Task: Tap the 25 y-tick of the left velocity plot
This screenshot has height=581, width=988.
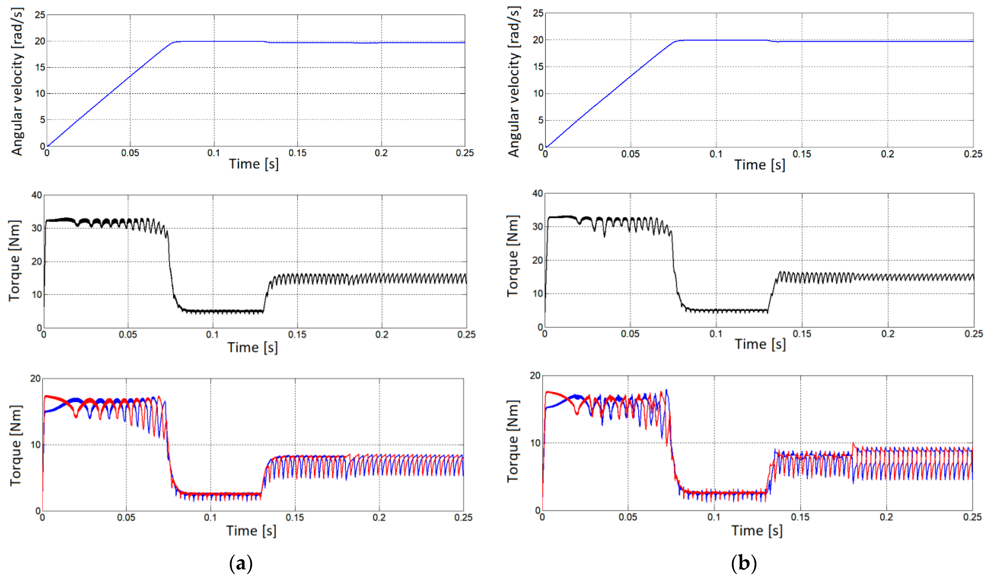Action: click(x=40, y=15)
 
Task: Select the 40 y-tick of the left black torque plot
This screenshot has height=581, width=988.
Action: click(x=36, y=195)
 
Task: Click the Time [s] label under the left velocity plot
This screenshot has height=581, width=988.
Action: click(x=254, y=164)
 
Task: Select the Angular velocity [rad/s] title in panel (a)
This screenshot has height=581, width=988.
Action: click(x=17, y=82)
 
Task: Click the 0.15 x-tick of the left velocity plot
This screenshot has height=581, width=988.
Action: click(x=297, y=153)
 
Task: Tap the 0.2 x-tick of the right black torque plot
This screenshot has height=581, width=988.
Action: click(x=888, y=334)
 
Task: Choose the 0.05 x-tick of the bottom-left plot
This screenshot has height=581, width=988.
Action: click(x=126, y=517)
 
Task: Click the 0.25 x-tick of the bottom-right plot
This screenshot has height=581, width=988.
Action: click(x=972, y=517)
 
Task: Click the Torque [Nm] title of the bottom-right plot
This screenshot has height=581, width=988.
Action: click(x=513, y=441)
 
